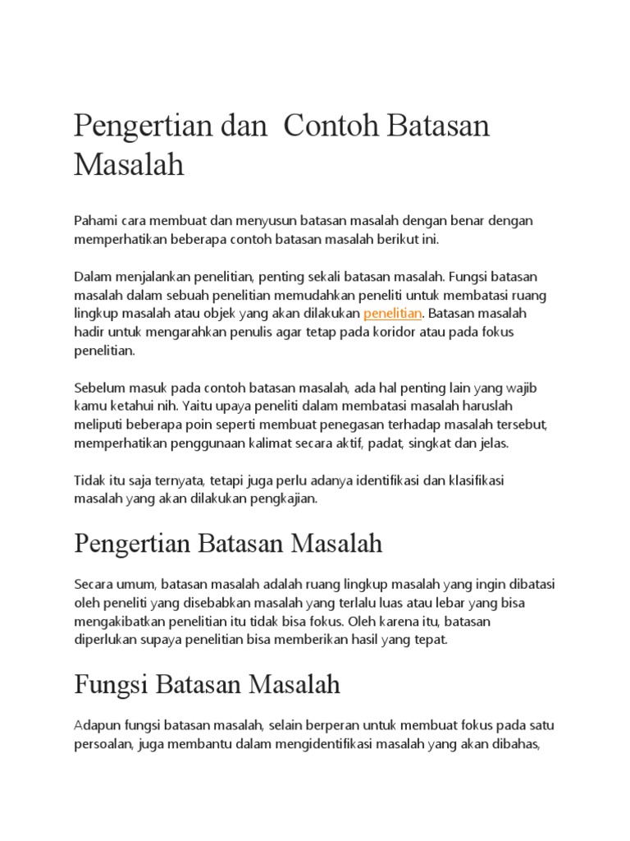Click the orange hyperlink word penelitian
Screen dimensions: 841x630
click(x=392, y=314)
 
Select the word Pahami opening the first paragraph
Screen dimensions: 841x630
click(x=95, y=222)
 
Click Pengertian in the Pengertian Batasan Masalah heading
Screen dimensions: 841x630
click(x=131, y=544)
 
